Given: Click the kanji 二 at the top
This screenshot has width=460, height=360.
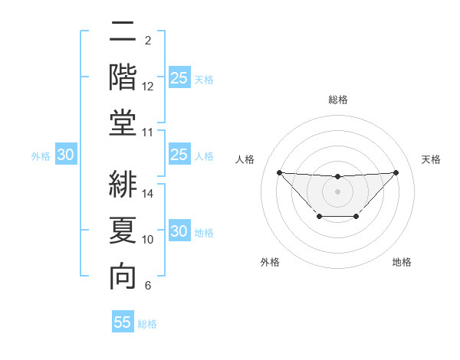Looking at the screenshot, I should point(123,33).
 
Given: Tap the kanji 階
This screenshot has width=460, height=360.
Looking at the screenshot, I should point(123,77).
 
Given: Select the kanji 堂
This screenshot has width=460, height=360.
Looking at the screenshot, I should point(123,123).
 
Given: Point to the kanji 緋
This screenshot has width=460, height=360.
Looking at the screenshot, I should point(123,184).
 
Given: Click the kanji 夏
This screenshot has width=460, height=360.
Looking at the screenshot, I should point(123,230).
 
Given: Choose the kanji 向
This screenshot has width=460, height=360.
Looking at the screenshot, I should point(123,276).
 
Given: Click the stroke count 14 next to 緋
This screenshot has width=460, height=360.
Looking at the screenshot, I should point(149,194).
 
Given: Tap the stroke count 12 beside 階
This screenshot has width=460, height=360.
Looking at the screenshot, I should point(149,87).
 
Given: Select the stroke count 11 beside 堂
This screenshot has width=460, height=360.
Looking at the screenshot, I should point(149,133).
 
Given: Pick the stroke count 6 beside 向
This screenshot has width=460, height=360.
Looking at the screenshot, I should point(148,286).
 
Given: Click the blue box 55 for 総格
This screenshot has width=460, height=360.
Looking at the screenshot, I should point(123,322).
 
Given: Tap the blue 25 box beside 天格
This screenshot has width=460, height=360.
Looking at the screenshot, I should point(179,78).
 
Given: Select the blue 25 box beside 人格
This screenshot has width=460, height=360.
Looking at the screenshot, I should point(179,155).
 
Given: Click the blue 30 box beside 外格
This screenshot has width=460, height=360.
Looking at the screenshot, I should point(65,155).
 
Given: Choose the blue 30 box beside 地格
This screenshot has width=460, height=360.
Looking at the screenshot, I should point(179,232).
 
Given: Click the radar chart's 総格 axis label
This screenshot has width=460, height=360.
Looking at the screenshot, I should point(337,100).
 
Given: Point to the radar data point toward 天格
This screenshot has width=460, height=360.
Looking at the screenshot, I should point(396,172).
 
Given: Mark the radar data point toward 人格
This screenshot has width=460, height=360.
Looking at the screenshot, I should point(279,172).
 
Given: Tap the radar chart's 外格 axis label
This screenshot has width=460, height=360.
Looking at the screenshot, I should point(270,262).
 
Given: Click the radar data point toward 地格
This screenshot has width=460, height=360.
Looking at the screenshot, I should point(356,217).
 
